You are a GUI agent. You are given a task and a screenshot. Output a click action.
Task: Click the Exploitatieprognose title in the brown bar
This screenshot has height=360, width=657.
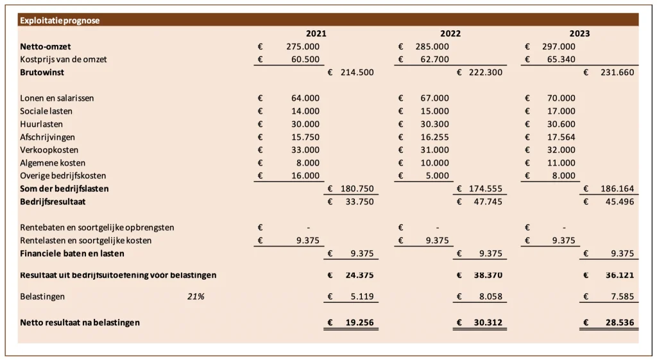pyautogui.click(x=60, y=21)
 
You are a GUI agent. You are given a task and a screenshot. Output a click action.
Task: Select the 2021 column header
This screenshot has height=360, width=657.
pyautogui.click(x=316, y=33)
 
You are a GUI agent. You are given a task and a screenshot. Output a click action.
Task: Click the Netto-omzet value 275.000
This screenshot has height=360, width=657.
pyautogui.click(x=302, y=46)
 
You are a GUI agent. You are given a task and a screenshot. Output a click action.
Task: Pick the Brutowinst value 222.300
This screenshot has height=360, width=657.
pyautogui.click(x=485, y=73)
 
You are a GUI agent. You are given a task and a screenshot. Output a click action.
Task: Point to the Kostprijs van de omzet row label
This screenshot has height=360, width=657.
pyautogui.click(x=64, y=60)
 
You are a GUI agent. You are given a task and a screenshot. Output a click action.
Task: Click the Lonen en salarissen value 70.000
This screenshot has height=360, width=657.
pyautogui.click(x=561, y=98)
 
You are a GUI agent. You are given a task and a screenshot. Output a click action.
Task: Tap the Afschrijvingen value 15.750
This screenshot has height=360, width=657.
pyautogui.click(x=305, y=137)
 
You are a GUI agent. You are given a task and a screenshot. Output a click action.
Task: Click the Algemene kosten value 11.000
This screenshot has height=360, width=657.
pyautogui.click(x=561, y=163)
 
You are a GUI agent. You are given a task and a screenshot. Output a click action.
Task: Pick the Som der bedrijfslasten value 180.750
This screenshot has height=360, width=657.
pyautogui.click(x=356, y=189)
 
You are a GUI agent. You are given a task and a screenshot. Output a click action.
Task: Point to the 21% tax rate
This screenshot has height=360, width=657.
pyautogui.click(x=196, y=296)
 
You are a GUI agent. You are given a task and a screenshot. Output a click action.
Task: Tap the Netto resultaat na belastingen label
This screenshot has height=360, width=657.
pyautogui.click(x=80, y=322)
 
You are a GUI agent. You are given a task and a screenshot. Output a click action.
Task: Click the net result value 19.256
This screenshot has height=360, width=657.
pyautogui.click(x=359, y=322)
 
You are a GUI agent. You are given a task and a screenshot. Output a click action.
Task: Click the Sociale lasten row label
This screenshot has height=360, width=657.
pyautogui.click(x=46, y=111)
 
